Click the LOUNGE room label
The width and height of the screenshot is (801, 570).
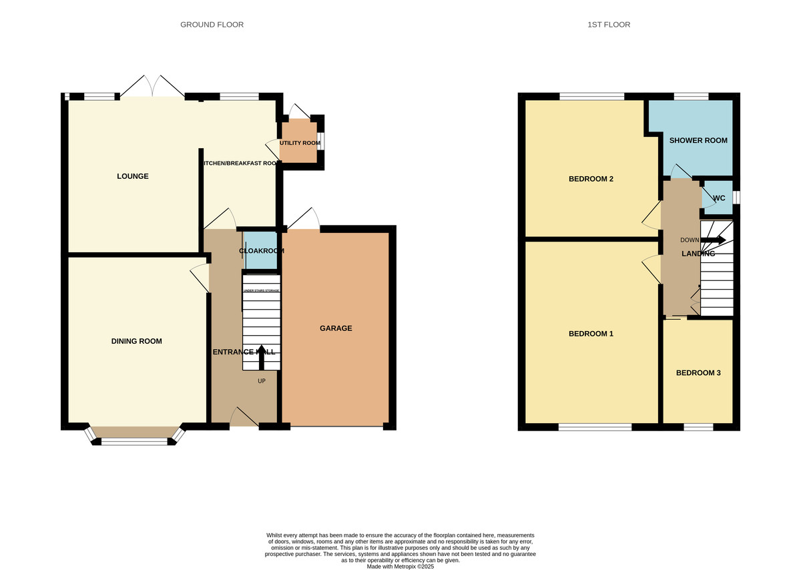[x=132, y=176]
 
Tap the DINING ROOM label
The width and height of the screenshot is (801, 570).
[x=136, y=341]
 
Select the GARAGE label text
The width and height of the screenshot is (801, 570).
[x=335, y=328]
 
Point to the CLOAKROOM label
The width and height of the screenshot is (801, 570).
[x=262, y=251]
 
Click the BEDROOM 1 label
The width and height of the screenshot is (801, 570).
[x=590, y=334]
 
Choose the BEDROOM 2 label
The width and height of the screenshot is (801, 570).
[x=590, y=179]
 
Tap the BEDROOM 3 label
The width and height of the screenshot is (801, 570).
[x=698, y=373]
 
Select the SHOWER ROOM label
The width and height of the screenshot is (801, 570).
[x=698, y=140]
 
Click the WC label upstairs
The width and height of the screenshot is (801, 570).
[x=719, y=198]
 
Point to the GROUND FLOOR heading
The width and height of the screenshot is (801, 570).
[x=212, y=25]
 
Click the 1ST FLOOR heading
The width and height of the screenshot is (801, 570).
[x=608, y=25]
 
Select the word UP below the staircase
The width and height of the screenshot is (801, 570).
[x=262, y=381]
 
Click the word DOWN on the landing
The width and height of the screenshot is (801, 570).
[x=689, y=240]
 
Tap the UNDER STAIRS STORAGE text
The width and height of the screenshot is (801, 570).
[x=261, y=291]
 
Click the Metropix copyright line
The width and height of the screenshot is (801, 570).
[x=400, y=566]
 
